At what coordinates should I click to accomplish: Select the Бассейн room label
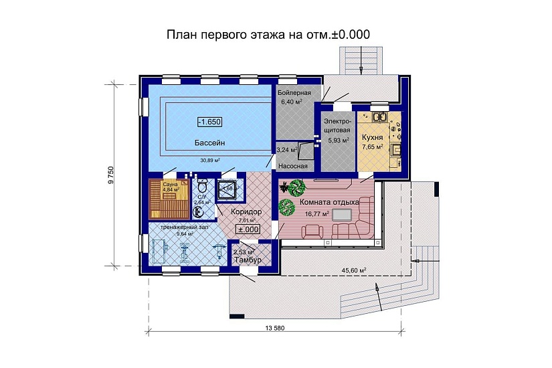tap(209, 143)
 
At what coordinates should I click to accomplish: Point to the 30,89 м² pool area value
tap(210, 161)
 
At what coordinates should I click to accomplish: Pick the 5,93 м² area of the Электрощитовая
tap(337, 141)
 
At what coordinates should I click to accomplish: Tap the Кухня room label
tap(372, 136)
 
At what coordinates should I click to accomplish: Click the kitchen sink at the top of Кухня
tap(382, 117)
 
